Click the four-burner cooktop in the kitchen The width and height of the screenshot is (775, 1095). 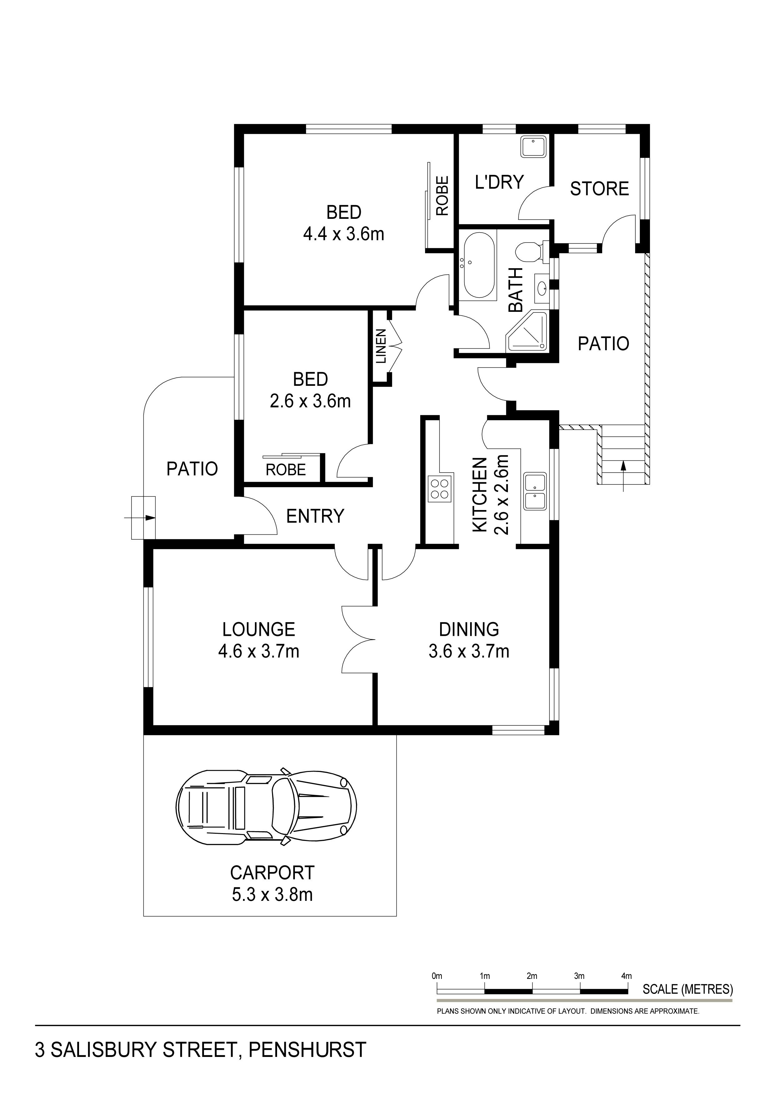point(440,489)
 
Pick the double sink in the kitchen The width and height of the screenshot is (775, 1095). point(535,491)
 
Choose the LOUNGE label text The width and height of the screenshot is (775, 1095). point(259,630)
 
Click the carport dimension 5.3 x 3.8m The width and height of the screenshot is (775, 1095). point(272,894)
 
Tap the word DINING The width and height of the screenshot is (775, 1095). point(469,630)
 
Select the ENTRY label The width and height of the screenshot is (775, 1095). point(315,516)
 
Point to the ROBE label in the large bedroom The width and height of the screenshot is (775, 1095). point(442,195)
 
